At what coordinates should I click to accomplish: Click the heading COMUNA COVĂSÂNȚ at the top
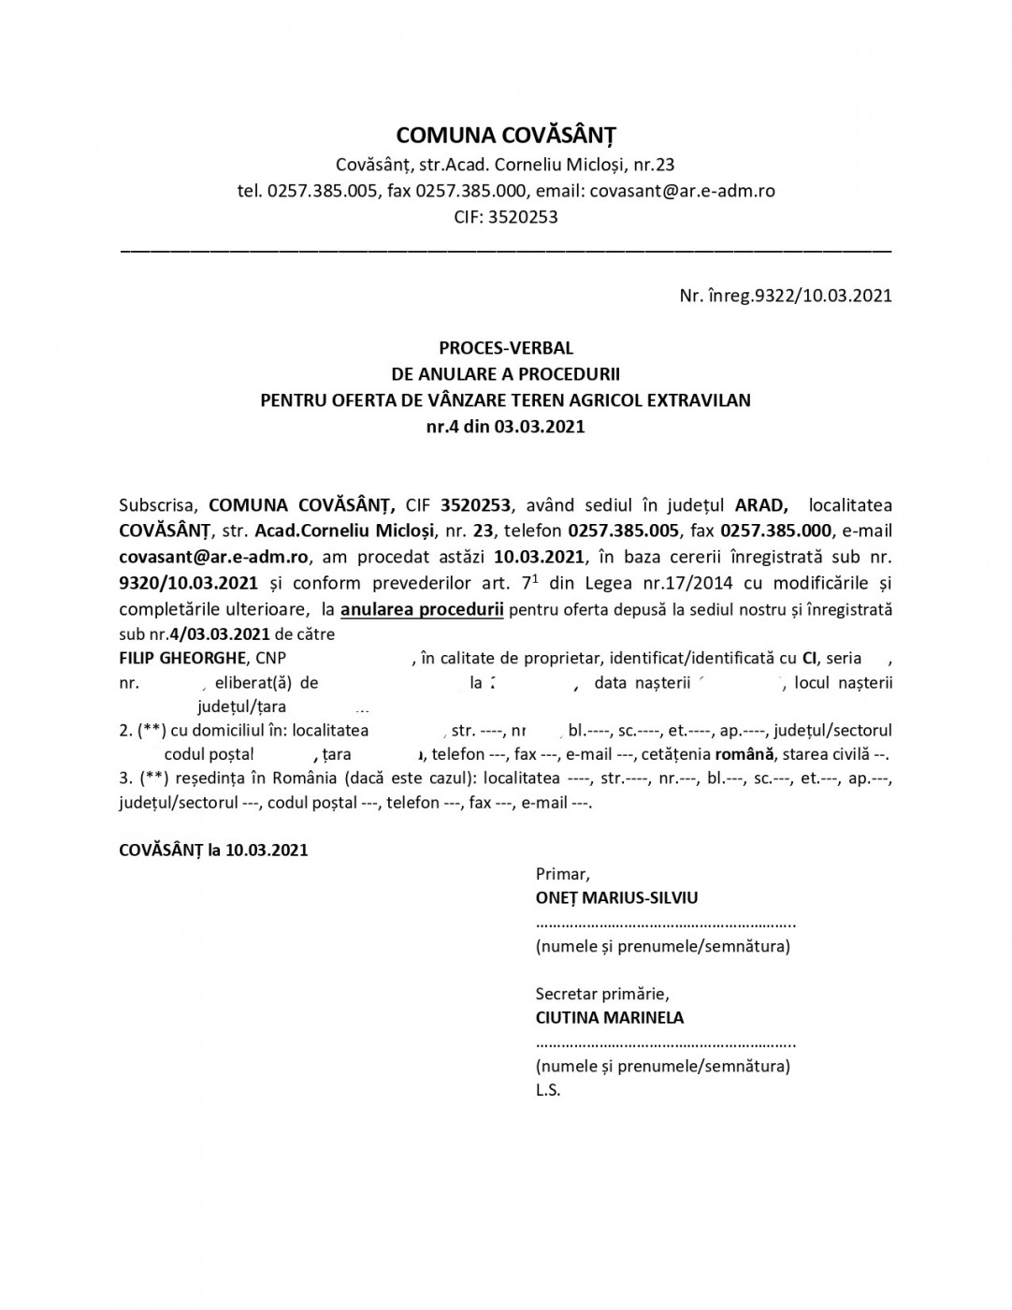tap(505, 133)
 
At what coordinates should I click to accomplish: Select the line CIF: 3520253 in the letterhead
tap(505, 217)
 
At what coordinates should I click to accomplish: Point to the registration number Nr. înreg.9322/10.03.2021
tap(786, 296)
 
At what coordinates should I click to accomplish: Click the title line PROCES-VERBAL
tap(505, 349)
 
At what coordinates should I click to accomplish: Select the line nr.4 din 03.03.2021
tap(505, 427)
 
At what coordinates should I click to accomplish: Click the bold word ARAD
tap(759, 504)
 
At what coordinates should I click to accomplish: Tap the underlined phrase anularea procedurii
tap(423, 610)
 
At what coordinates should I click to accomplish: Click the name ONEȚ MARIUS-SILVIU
tap(616, 898)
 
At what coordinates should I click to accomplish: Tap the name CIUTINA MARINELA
tap(609, 1018)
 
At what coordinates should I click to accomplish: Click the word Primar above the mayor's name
tap(561, 874)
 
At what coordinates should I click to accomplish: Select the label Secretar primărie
tap(601, 993)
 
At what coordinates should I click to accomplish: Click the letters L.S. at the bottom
tap(548, 1090)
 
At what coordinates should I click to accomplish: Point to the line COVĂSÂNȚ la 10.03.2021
tap(213, 851)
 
